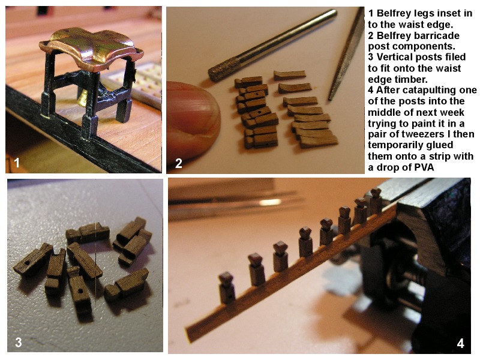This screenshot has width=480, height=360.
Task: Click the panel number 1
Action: tap(17, 162)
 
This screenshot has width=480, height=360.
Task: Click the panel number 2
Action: tap(178, 163)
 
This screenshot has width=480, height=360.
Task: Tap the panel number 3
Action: tap(19, 342)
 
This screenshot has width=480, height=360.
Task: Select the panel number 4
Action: tap(461, 343)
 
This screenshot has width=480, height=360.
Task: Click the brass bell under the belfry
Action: tap(82, 98)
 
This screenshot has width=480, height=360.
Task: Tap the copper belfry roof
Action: tap(91, 49)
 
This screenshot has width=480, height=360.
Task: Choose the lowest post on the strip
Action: tap(227, 288)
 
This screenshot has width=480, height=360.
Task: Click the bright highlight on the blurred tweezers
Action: tap(269, 202)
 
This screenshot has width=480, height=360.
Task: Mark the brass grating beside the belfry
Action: tap(134, 81)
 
